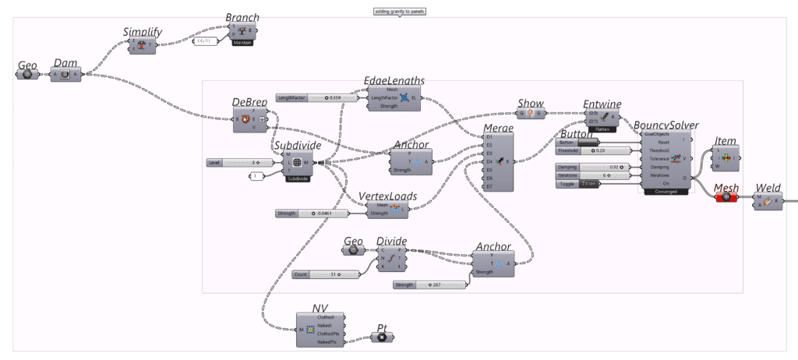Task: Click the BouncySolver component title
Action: [x=666, y=125]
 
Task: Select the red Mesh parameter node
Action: [x=726, y=197]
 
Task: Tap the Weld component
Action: [x=768, y=203]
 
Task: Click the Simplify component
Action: [x=143, y=46]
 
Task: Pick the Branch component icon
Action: [x=242, y=32]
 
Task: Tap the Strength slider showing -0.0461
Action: [x=311, y=213]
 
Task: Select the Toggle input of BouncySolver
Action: [x=593, y=183]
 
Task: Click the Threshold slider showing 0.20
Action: [x=593, y=150]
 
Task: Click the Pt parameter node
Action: [x=381, y=337]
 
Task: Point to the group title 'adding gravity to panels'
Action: [x=399, y=12]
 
